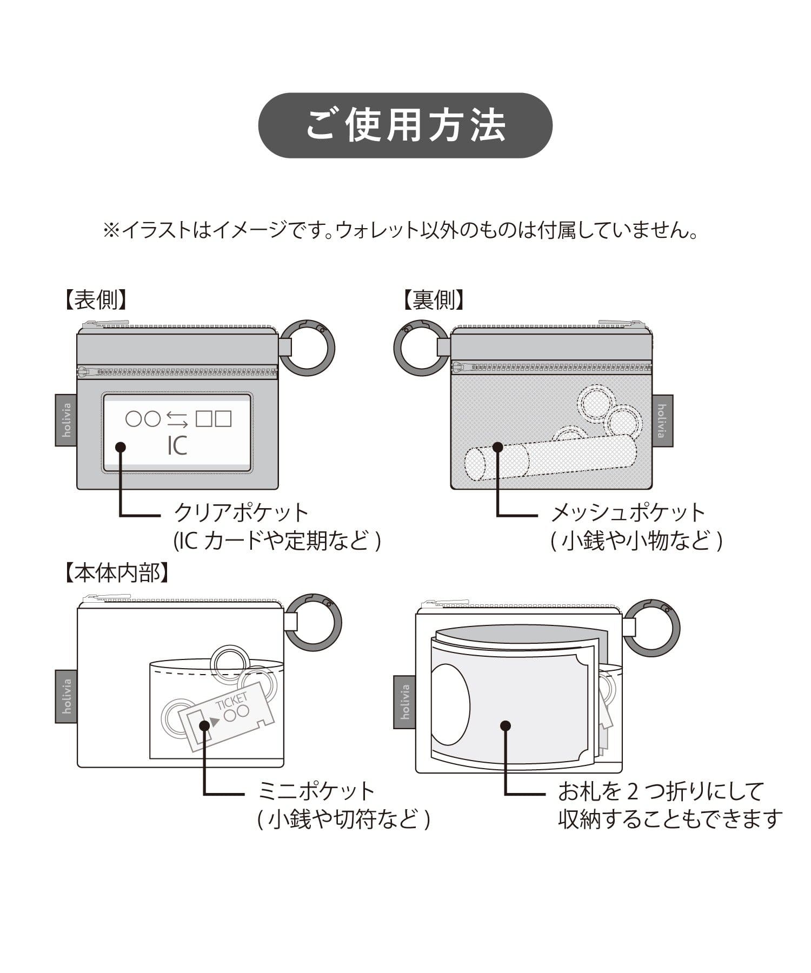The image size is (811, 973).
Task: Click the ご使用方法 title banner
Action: point(405,125)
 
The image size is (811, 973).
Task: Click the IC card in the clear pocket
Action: point(177,432)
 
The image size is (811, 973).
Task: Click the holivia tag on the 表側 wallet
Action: point(66,420)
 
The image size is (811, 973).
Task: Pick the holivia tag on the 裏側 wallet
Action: point(662,421)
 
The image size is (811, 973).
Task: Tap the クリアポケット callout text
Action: point(241,512)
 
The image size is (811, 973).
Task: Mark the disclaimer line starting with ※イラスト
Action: point(400,231)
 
